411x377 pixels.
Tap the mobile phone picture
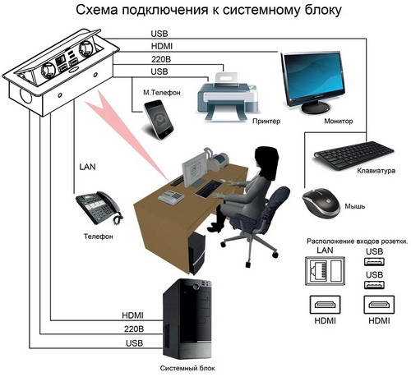(x=159, y=120)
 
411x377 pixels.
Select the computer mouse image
(x=321, y=202)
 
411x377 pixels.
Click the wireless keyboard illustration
(x=353, y=155)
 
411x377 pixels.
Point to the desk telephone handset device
(x=99, y=207)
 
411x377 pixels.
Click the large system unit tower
(x=187, y=319)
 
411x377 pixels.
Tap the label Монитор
(x=339, y=121)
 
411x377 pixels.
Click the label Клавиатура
(x=376, y=171)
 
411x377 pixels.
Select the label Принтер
(x=266, y=121)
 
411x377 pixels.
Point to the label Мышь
(x=355, y=206)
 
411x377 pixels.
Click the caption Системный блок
(x=187, y=368)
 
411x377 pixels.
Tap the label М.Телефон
(x=162, y=93)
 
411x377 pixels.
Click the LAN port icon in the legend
(x=325, y=271)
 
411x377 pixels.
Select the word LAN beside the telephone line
(x=87, y=167)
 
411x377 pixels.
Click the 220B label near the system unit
(x=134, y=329)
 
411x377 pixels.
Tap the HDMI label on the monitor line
(x=162, y=46)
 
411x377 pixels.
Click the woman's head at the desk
(x=266, y=159)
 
